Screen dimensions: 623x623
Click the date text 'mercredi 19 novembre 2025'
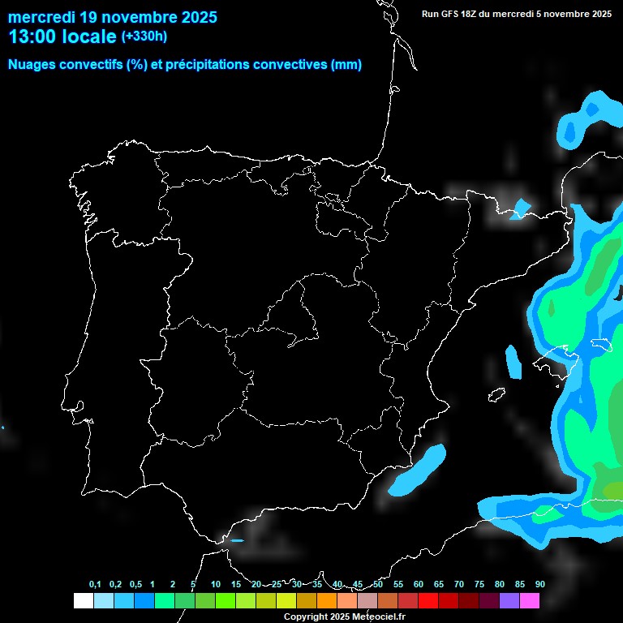pos(112,16)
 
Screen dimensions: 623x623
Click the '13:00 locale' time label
pos(62,37)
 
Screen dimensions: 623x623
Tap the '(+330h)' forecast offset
pos(144,37)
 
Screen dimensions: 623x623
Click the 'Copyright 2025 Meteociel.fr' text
pos(344,617)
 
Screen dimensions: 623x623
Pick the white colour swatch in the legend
pos(83,601)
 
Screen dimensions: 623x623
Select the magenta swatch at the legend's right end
pos(530,601)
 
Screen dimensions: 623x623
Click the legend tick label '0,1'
pos(95,585)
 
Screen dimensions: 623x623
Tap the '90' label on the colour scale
pos(539,585)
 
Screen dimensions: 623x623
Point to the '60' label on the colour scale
pos(418,585)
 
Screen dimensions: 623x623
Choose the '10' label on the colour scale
pos(215,585)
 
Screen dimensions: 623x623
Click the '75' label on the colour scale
pos(479,585)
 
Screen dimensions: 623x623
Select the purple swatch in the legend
pos(509,601)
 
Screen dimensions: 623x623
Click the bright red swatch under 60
pos(428,601)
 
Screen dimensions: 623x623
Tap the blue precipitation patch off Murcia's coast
pos(418,470)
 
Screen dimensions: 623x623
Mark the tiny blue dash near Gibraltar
pos(237,540)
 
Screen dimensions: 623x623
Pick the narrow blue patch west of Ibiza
pos(513,362)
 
